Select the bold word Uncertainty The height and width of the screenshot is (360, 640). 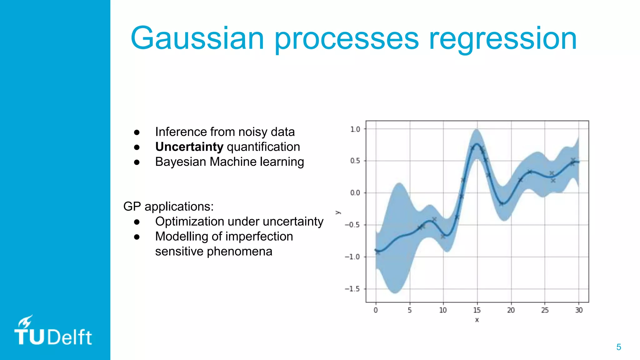(189, 147)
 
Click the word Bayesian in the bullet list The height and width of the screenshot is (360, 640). (181, 162)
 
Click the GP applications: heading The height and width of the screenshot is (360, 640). (168, 207)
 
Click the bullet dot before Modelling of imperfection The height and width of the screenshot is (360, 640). (137, 237)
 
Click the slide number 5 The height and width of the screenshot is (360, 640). (618, 347)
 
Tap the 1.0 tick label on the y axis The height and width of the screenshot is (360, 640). (355, 129)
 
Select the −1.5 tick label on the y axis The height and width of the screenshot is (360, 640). (352, 289)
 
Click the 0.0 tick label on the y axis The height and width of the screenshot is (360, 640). (355, 193)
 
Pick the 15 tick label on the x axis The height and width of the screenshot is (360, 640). (477, 310)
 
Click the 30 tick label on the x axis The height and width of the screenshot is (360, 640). (579, 310)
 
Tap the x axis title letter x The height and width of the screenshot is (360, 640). (477, 320)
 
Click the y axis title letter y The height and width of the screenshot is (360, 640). (338, 212)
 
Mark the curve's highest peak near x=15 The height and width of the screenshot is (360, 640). (477, 144)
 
